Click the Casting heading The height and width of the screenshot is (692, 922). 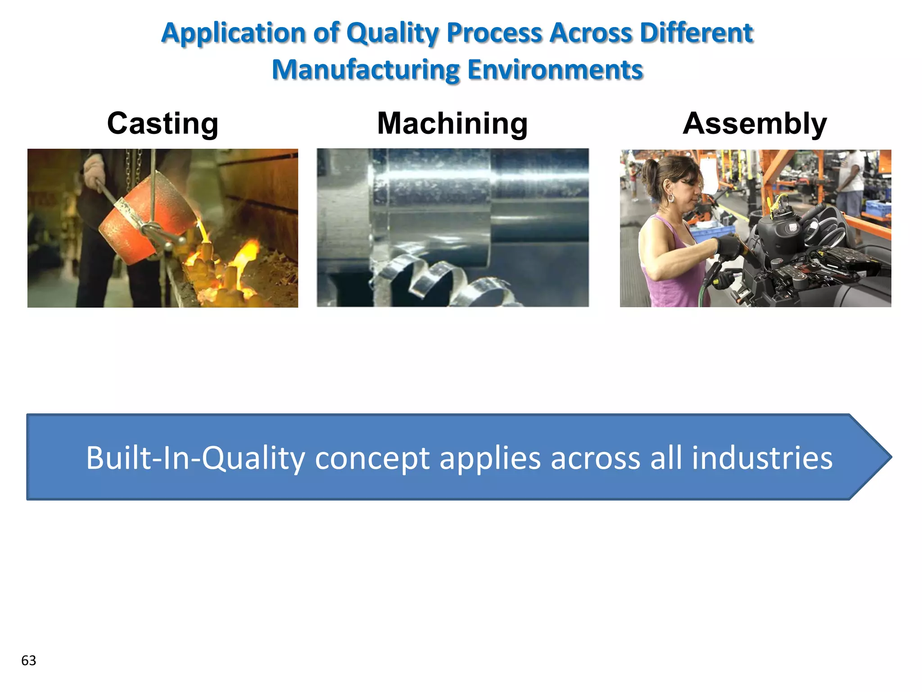coord(163,123)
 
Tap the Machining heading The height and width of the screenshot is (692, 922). coord(452,123)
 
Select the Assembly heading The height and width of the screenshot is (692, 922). coord(755,123)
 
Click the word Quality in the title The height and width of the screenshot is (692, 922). coord(393,33)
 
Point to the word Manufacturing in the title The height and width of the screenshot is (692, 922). coord(366,70)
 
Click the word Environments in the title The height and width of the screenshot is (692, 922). coord(555,70)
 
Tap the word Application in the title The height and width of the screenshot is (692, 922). coord(234,33)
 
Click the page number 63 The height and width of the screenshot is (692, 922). coord(28,660)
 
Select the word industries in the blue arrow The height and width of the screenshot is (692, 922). coord(762,458)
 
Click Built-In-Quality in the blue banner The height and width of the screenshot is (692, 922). coord(195,458)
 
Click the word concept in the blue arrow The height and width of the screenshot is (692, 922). coord(372,458)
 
